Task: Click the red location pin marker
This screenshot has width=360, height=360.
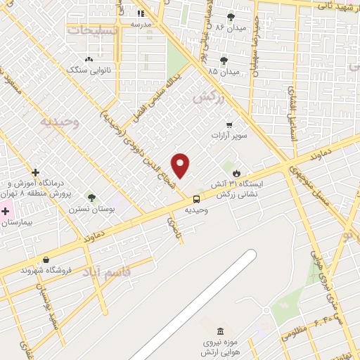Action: coord(181,165)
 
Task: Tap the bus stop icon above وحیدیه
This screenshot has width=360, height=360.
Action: coord(195,198)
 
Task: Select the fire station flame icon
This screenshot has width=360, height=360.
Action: coord(236,173)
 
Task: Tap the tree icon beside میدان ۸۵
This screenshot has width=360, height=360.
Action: coord(224,60)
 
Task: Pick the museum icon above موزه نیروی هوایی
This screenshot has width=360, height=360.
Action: coord(221,331)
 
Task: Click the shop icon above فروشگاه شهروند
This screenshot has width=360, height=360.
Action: coord(46,259)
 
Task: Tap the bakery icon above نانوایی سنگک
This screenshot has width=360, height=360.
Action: coord(89,60)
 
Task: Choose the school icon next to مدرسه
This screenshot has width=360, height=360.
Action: coord(141,13)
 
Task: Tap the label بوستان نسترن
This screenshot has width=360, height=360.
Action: coord(82,209)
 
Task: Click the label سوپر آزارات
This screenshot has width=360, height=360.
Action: coord(232,134)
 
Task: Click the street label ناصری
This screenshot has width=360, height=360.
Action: coord(173,226)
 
